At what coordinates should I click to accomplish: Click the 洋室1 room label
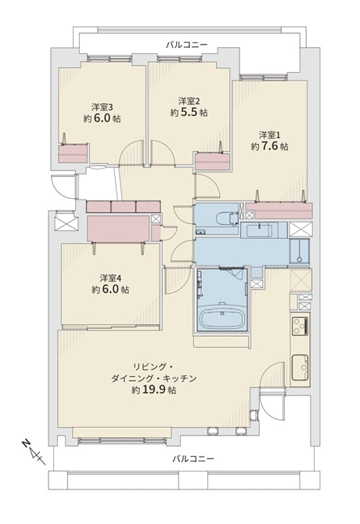(x=269, y=135)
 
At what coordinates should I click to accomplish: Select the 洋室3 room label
(x=102, y=107)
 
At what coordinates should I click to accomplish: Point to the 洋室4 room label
(x=110, y=278)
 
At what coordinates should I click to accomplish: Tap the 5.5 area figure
(x=189, y=113)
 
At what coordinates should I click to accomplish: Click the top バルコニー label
(x=187, y=45)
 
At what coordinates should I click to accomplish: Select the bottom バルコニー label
(x=193, y=458)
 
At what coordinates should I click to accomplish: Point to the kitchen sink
(x=300, y=367)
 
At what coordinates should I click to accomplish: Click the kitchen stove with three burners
(x=300, y=326)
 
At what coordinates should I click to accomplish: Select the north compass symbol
(x=34, y=454)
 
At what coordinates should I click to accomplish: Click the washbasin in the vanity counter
(x=260, y=230)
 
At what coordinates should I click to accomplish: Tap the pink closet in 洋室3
(x=74, y=154)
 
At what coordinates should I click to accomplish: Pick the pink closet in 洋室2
(x=213, y=162)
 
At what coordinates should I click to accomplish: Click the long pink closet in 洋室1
(x=279, y=211)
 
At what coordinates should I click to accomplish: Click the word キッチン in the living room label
(x=182, y=378)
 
